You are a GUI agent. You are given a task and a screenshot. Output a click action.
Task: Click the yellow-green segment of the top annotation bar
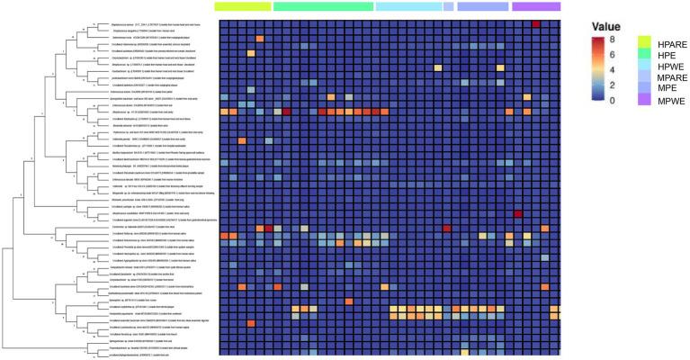243,6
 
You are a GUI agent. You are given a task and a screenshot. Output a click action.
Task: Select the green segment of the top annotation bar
323,6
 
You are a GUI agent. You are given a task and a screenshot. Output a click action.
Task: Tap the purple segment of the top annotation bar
537,6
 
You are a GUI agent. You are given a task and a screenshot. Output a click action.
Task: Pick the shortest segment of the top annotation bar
448,6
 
